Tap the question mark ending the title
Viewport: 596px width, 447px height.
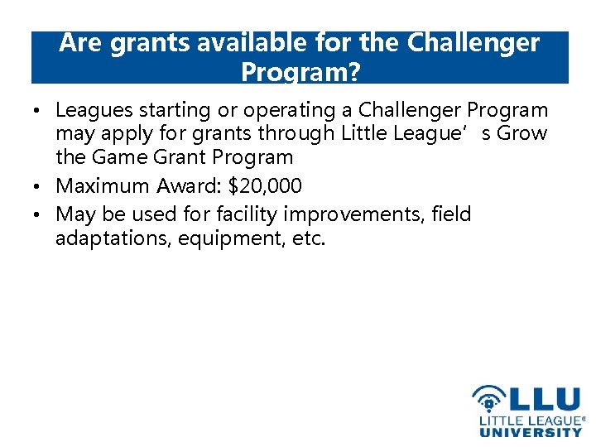[x=353, y=73]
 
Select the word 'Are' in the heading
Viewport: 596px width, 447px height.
[x=80, y=43]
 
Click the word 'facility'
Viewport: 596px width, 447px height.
[x=247, y=214]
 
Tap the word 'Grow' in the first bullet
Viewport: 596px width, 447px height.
[x=521, y=133]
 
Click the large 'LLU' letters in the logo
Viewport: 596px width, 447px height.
[x=542, y=400]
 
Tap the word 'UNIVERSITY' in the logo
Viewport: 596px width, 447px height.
[x=531, y=431]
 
